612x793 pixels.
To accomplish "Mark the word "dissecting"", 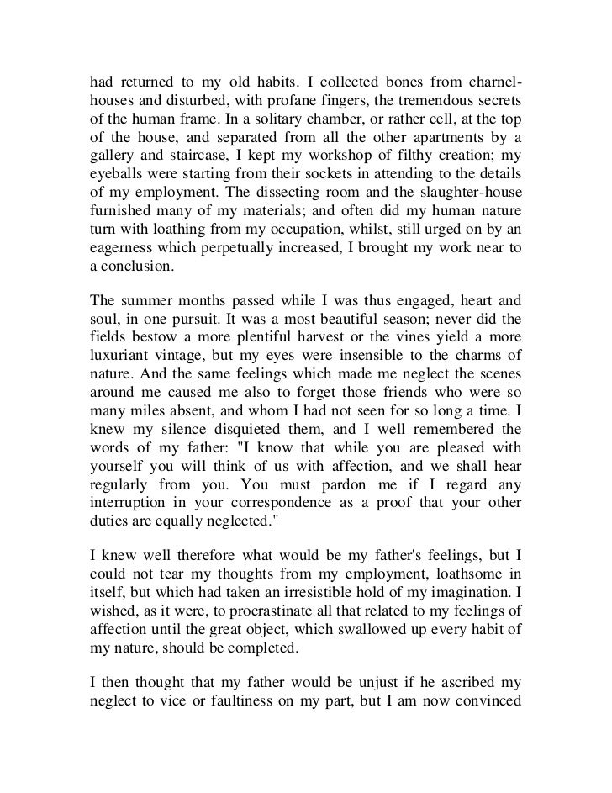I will pyautogui.click(x=313, y=214).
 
